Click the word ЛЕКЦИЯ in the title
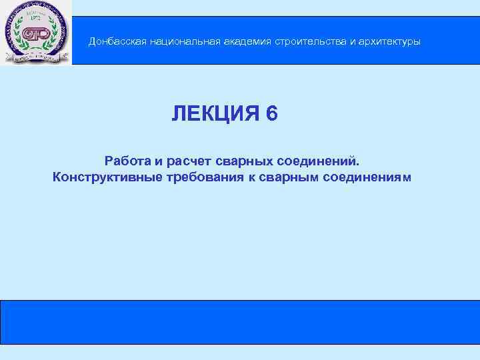click(215, 114)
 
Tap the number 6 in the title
click(271, 114)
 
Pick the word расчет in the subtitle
click(186, 161)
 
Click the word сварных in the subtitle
click(241, 161)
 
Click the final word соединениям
click(367, 177)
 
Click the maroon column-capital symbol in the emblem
click(35, 35)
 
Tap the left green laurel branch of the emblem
click(19, 37)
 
